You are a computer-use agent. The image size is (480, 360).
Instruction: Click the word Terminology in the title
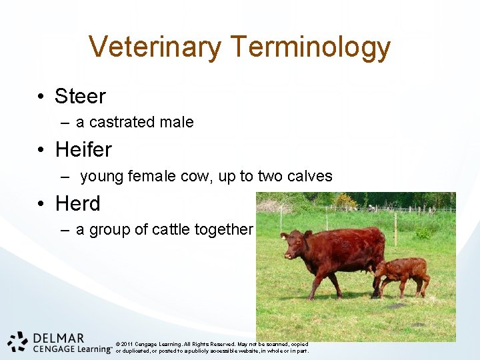310,48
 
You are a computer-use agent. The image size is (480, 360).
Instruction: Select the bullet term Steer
80,97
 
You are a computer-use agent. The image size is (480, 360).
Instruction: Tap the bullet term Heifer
83,149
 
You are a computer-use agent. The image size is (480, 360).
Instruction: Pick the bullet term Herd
78,203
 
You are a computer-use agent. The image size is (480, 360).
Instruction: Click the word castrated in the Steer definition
122,122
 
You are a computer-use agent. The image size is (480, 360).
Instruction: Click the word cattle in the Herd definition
172,230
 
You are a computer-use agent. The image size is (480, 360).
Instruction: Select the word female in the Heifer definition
149,176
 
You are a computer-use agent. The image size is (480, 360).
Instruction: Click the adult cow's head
292,243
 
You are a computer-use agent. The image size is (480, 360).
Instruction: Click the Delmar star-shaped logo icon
18,341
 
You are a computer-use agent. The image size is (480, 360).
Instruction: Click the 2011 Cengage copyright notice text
212,347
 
